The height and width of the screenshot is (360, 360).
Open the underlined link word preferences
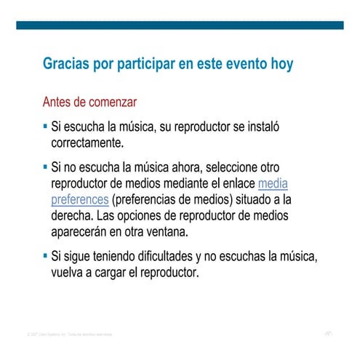click(x=80, y=199)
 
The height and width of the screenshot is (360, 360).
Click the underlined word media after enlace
click(x=273, y=183)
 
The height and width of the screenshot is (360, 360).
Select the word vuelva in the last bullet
click(x=69, y=274)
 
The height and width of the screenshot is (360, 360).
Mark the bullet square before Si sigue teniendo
click(x=46, y=257)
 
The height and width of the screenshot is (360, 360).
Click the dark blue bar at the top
click(x=180, y=25)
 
